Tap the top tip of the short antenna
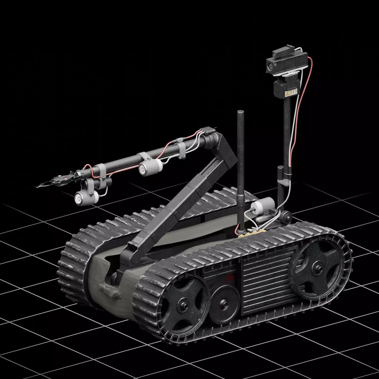click(x=241, y=112)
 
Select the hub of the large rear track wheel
click(x=317, y=267)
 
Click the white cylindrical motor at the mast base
click(x=263, y=206)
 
